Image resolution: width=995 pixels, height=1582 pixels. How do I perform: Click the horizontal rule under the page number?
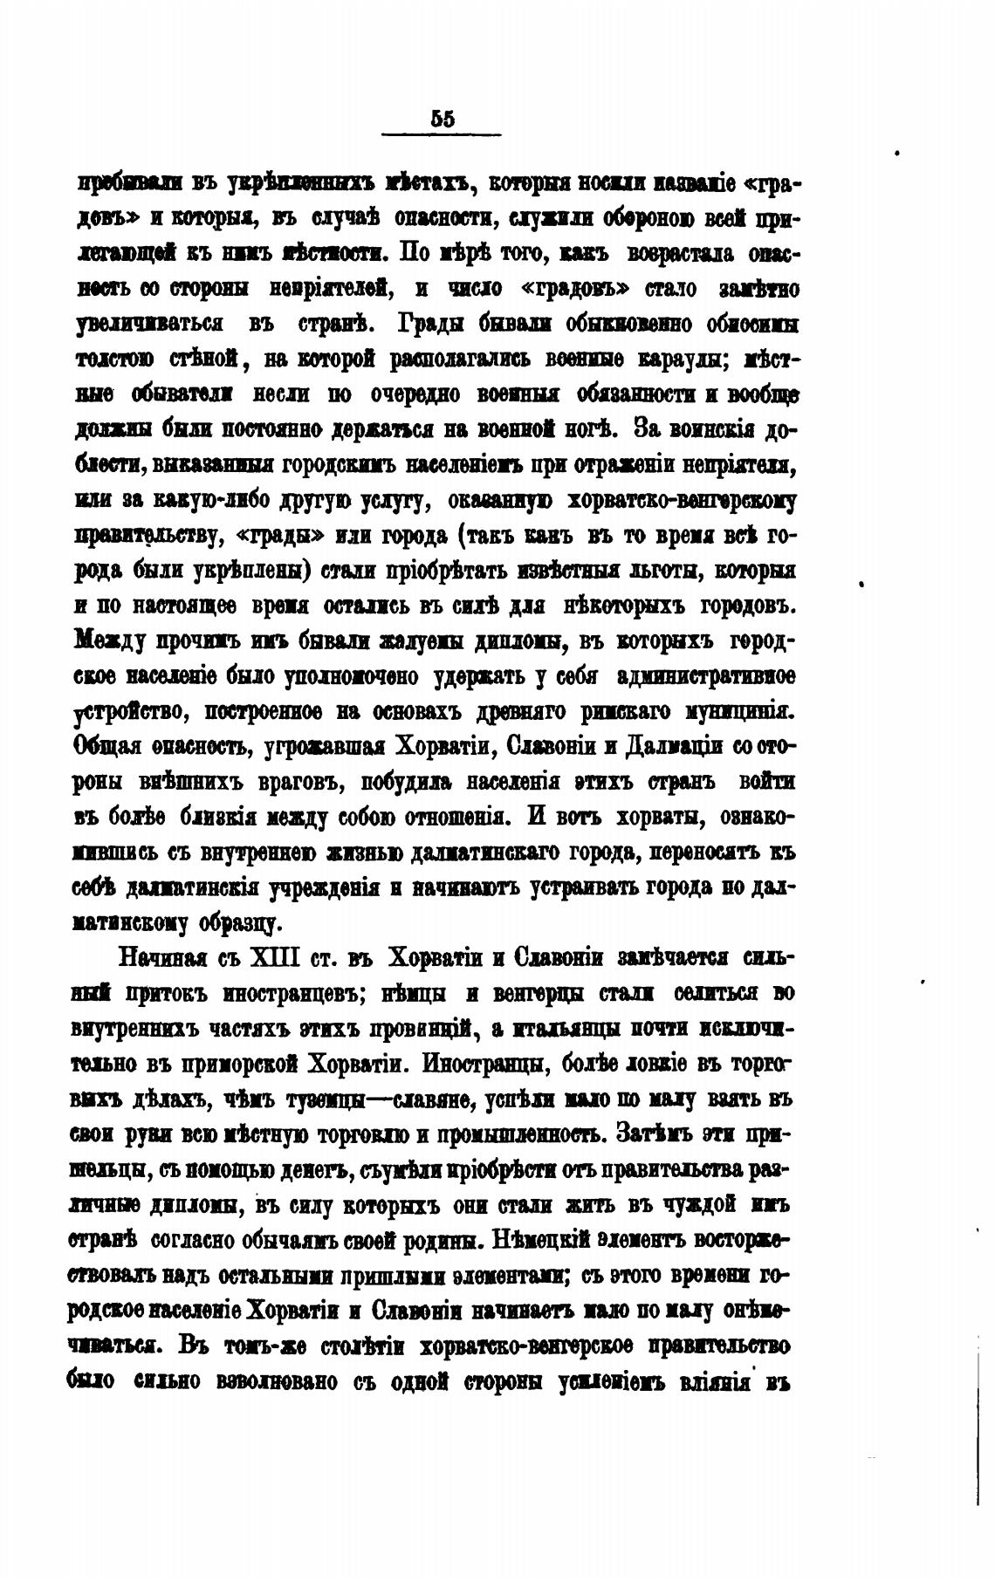pyautogui.click(x=442, y=134)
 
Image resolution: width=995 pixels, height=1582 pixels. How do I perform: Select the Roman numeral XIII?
pyautogui.click(x=275, y=957)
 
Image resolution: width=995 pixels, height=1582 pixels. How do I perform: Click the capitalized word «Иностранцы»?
pyautogui.click(x=484, y=1064)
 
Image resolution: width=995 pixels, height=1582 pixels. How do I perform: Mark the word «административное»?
pyautogui.click(x=705, y=676)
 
